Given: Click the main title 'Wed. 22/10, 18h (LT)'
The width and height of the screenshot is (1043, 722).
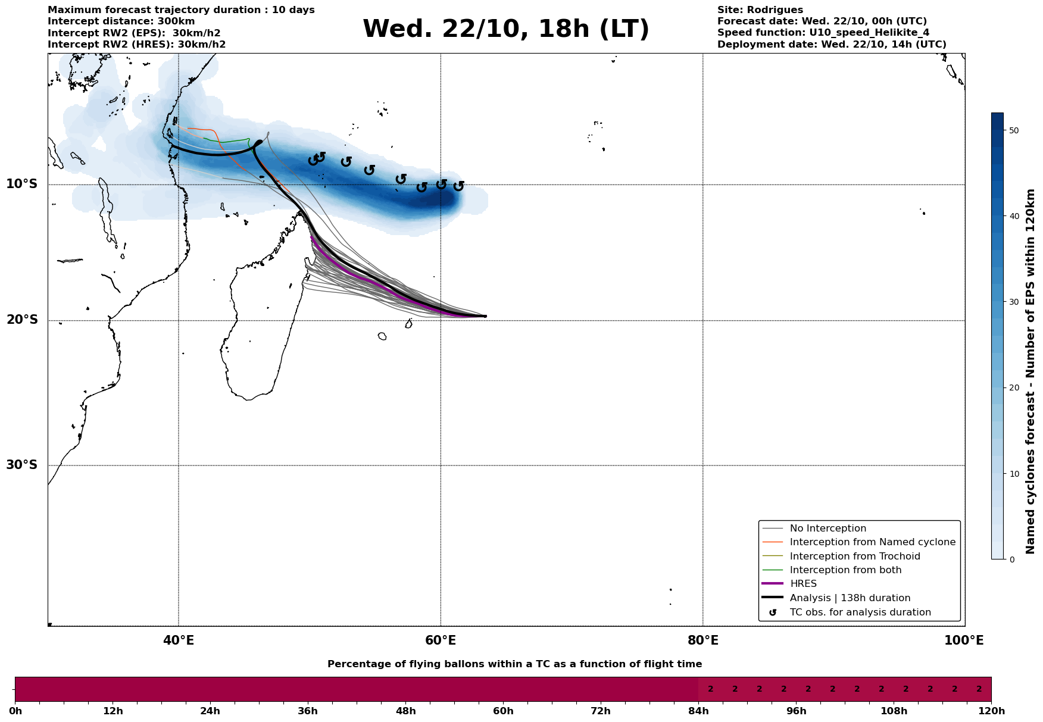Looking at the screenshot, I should (x=505, y=29).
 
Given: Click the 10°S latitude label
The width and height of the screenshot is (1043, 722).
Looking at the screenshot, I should (x=22, y=184).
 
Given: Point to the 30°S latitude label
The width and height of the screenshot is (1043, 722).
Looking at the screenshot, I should (x=22, y=465).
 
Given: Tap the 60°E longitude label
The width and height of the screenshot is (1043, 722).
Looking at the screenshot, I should (x=441, y=641).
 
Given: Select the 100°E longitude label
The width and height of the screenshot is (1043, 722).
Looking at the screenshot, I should (x=964, y=641).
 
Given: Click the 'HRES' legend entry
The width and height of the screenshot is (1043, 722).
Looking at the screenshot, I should (x=803, y=584).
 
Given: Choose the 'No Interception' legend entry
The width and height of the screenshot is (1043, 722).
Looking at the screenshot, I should (x=827, y=529).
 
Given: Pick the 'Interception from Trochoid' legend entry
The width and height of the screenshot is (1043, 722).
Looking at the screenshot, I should (x=854, y=557).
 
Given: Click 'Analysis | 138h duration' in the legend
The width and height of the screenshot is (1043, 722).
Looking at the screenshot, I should (x=850, y=598).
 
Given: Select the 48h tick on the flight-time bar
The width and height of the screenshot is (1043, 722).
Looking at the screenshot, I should (x=405, y=711).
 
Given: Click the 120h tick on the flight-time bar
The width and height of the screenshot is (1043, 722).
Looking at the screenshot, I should (x=991, y=711).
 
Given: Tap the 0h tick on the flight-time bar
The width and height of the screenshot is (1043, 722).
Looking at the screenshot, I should (x=15, y=711).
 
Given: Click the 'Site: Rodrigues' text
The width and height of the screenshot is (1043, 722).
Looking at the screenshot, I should (x=760, y=10).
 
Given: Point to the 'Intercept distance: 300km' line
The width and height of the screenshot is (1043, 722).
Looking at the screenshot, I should (x=121, y=21).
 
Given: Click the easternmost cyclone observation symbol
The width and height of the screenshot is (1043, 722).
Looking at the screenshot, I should (x=458, y=186).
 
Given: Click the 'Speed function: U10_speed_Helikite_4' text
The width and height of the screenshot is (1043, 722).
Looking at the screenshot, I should (x=823, y=33).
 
